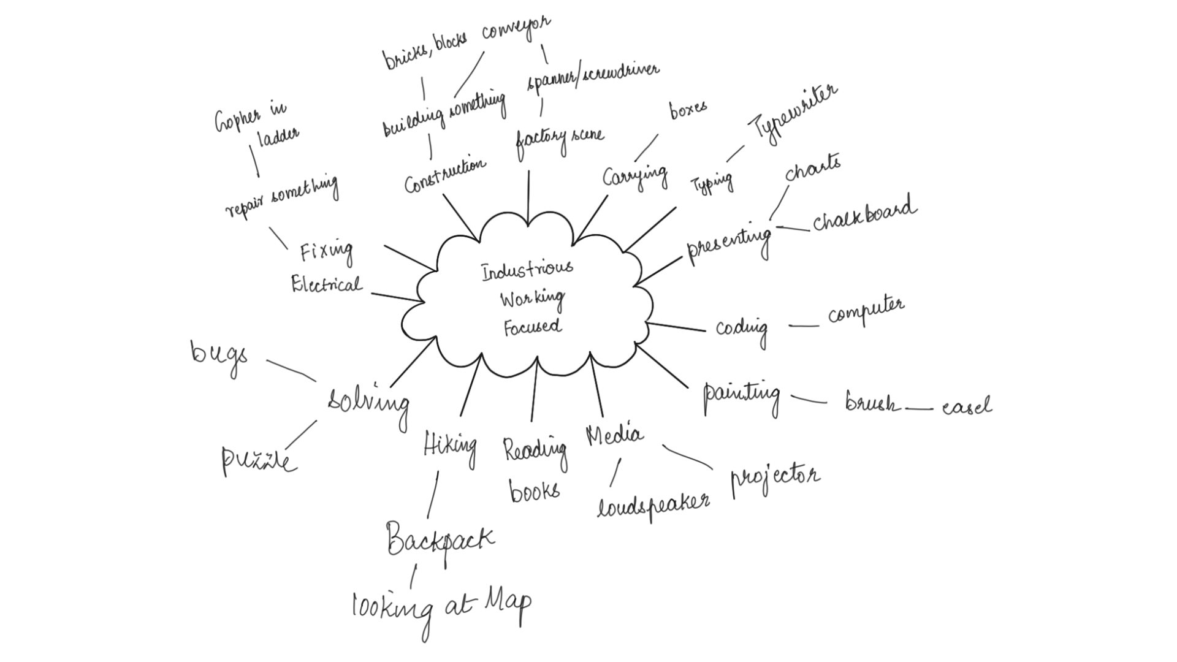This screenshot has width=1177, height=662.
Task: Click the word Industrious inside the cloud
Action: click(527, 270)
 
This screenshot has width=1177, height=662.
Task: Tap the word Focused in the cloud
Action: click(532, 326)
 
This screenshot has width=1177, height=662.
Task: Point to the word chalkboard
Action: click(864, 215)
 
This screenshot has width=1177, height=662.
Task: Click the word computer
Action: click(866, 311)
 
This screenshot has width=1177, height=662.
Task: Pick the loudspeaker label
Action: click(653, 504)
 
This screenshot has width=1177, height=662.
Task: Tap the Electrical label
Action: click(326, 284)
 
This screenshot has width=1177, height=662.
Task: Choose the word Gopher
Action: click(237, 118)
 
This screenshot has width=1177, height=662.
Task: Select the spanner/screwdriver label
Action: click(593, 77)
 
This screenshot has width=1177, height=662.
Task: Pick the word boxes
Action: click(688, 110)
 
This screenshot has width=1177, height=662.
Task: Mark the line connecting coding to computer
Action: click(803, 326)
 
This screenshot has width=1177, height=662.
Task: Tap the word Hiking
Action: click(450, 445)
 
